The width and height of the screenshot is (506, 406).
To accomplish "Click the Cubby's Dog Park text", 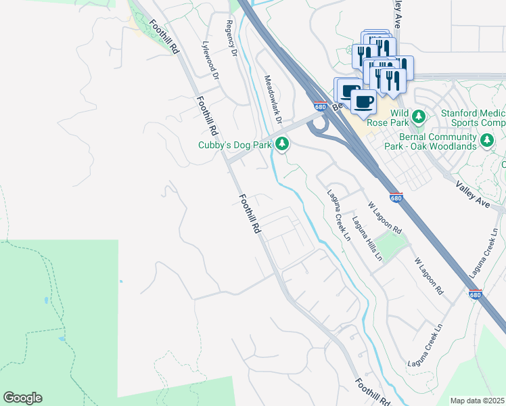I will click(x=234, y=145).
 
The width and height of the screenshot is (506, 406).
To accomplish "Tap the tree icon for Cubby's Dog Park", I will click(x=283, y=143).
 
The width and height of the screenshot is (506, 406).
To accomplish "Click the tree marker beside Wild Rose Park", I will click(x=418, y=116).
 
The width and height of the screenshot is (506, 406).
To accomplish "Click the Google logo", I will click(x=22, y=398).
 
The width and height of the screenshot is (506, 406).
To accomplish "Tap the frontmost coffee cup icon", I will click(x=364, y=101).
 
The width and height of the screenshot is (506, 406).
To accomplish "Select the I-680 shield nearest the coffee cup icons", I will click(x=321, y=106).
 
